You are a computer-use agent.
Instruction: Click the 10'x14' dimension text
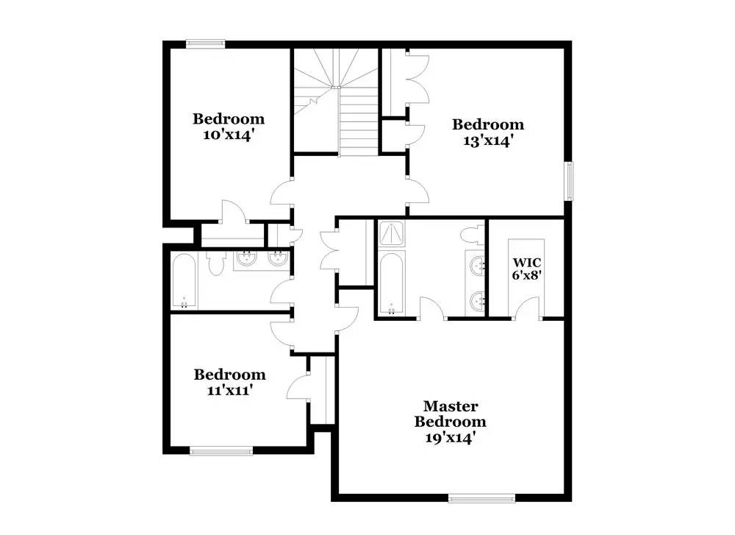229,135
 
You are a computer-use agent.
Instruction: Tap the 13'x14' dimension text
487,141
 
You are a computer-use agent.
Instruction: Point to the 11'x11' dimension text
229,390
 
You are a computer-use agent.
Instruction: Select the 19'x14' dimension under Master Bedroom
451,437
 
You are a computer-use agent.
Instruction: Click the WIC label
527,262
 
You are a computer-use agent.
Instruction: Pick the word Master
451,406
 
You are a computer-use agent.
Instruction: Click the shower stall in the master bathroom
392,234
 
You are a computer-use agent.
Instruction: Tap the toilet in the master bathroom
472,235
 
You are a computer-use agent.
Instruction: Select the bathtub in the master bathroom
392,283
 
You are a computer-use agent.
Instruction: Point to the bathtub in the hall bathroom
184,281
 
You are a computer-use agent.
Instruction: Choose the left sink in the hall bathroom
245,258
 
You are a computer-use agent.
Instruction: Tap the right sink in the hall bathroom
278,258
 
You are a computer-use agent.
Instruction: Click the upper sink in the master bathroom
478,266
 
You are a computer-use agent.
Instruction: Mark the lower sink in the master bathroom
478,300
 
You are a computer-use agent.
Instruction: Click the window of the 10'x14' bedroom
205,44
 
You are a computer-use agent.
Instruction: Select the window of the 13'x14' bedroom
568,181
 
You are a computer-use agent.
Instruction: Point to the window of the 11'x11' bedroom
221,451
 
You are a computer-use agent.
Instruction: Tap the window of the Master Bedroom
482,498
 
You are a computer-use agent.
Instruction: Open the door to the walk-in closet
527,308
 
